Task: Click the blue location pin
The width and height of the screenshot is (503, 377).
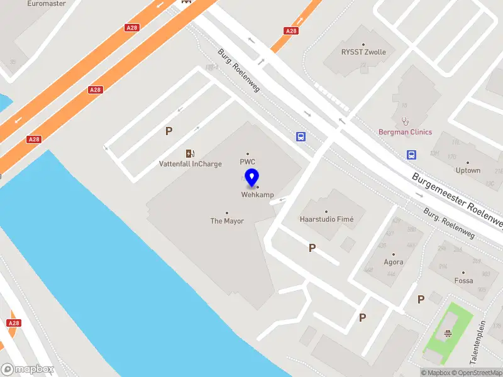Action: click(252, 178)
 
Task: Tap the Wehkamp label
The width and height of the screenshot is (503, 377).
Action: click(257, 195)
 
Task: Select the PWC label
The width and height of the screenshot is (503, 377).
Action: click(248, 161)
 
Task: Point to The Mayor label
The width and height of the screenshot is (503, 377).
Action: click(227, 221)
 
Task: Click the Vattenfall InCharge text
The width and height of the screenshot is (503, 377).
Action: click(190, 165)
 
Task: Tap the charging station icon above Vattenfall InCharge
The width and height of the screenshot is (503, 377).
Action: click(190, 153)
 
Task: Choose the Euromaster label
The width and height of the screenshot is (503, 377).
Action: click(47, 4)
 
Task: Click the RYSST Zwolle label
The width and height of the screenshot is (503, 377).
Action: click(364, 52)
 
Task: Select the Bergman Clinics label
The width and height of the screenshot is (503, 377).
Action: click(405, 132)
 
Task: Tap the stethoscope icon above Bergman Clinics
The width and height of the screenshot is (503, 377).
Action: click(405, 120)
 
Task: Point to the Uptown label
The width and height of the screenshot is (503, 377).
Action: click(468, 170)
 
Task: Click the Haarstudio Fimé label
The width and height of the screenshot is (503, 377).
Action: click(327, 219)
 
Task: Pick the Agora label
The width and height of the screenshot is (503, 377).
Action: click(394, 263)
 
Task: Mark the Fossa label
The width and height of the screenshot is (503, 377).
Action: click(464, 281)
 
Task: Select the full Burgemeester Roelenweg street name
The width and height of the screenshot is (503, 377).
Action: click(458, 200)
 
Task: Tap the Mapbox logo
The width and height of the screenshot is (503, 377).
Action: click(28, 369)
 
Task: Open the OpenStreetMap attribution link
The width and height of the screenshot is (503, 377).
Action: click(480, 373)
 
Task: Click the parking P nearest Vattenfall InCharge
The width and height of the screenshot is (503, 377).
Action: click(169, 131)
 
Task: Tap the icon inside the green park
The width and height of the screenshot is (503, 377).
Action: click(448, 334)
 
